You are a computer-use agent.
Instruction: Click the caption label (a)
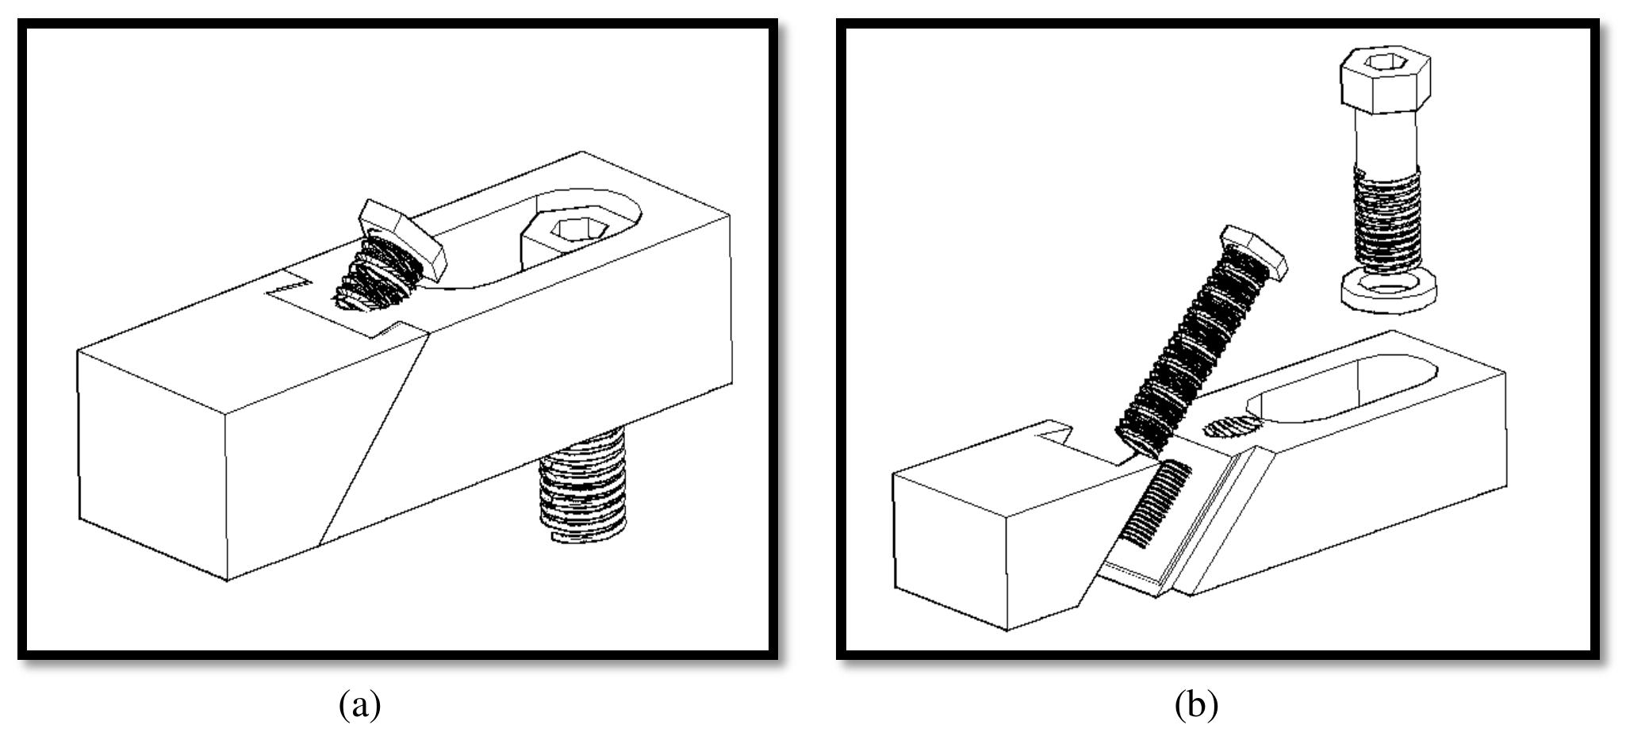tap(360, 704)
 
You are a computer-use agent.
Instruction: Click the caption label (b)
tap(1196, 704)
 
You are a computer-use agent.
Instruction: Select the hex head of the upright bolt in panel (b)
tap(1384, 79)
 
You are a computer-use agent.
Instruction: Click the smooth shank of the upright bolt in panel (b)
tap(1386, 151)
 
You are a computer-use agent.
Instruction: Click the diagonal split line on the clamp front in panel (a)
tap(373, 440)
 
